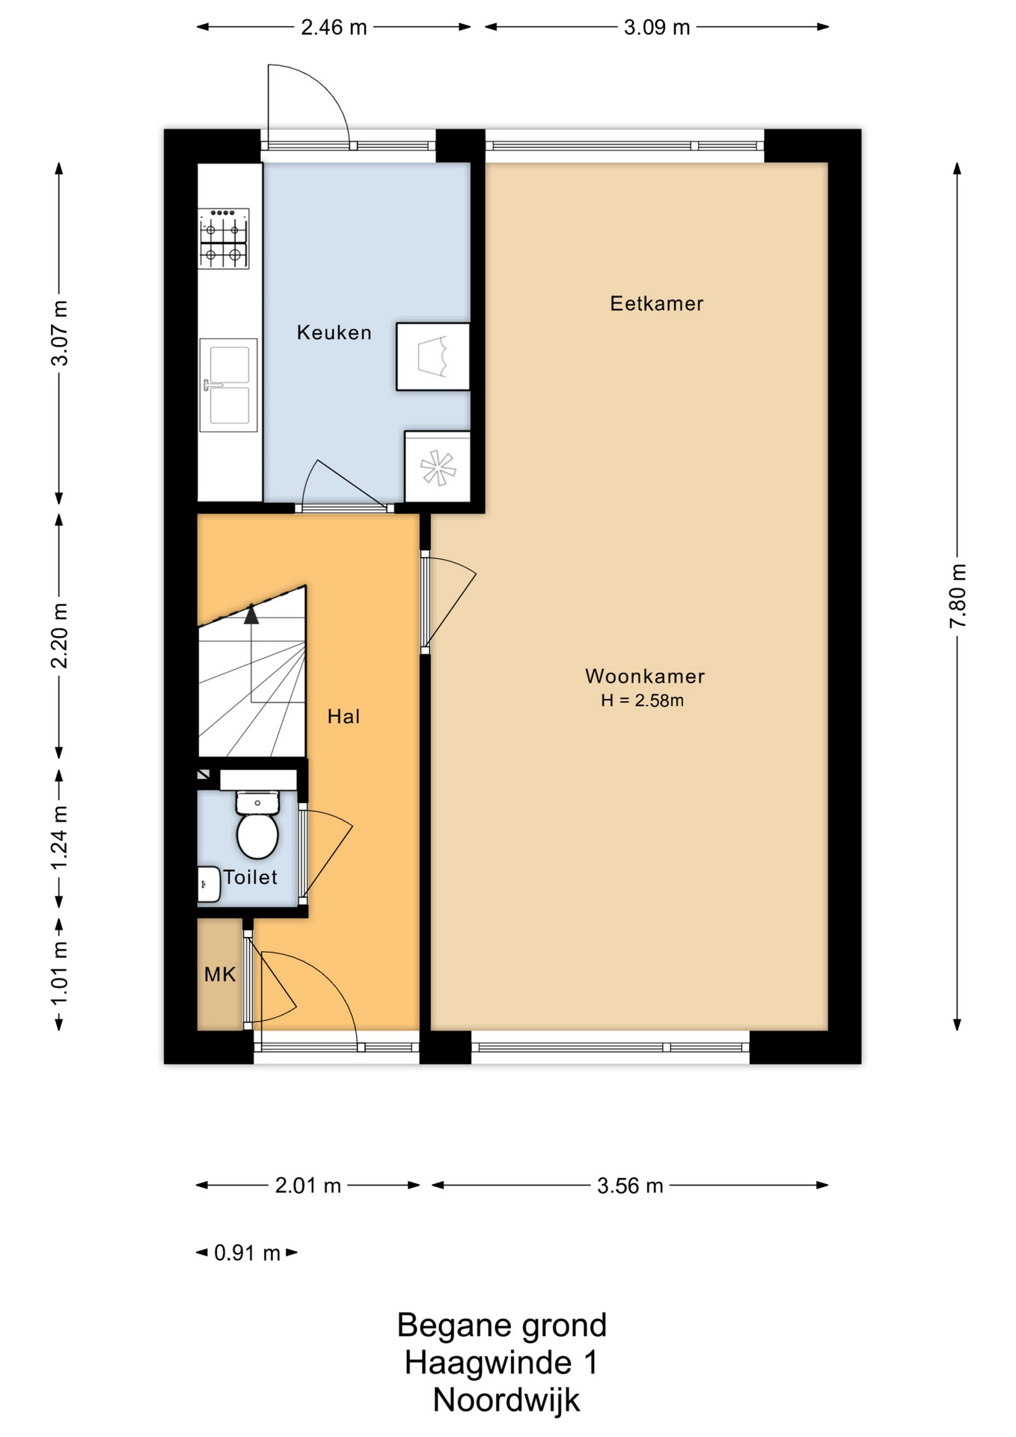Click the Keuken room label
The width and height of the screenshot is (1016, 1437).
tap(334, 332)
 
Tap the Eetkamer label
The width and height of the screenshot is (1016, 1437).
tap(656, 303)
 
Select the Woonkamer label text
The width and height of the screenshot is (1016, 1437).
tap(644, 676)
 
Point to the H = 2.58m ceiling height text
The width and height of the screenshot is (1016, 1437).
tap(642, 701)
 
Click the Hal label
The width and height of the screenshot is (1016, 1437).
tap(343, 716)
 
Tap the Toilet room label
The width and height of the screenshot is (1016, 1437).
tap(250, 877)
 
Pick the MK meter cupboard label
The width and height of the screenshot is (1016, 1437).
tap(220, 974)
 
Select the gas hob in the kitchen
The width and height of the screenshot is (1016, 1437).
tap(223, 238)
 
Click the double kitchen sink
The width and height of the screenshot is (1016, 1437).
tap(228, 385)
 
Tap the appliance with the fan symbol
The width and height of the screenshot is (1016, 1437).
tap(438, 466)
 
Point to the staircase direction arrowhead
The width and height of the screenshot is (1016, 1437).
tap(251, 614)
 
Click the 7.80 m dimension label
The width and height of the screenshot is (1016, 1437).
tap(958, 597)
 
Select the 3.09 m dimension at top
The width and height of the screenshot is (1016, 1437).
tap(657, 28)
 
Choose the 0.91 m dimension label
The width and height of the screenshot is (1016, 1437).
tap(247, 1253)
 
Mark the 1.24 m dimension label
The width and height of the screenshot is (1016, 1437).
tap(59, 838)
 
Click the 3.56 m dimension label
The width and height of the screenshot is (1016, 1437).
tap(630, 1186)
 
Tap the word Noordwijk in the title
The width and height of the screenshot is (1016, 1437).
tap(506, 1400)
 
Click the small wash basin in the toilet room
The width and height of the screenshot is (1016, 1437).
tap(209, 884)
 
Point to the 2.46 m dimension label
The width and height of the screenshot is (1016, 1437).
tap(334, 28)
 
